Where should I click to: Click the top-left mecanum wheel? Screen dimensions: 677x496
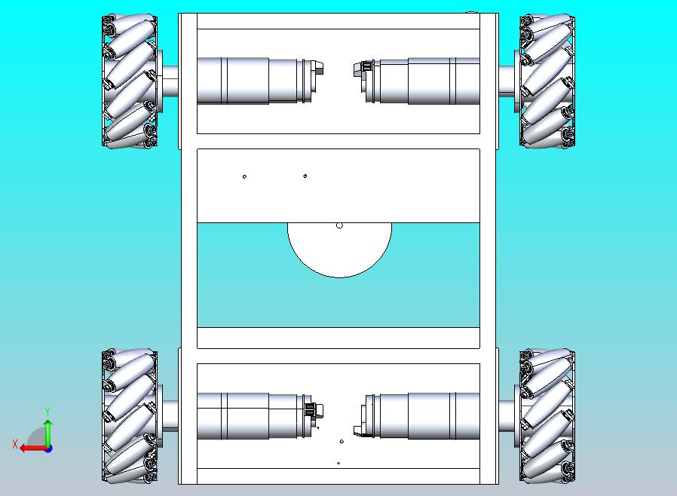[130, 81]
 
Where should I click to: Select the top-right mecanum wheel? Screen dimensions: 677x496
[547, 81]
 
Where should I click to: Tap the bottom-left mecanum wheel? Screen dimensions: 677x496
[130, 415]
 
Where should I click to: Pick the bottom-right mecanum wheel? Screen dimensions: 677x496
[547, 415]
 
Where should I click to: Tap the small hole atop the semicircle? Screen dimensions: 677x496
[339, 225]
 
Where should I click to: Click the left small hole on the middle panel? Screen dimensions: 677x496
[244, 176]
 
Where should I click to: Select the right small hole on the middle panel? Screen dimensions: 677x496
[305, 176]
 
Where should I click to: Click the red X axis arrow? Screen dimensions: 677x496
[34, 449]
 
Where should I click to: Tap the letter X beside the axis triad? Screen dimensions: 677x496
[15, 444]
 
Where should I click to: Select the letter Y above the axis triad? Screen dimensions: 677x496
[47, 411]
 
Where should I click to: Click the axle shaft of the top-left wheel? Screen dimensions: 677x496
[170, 81]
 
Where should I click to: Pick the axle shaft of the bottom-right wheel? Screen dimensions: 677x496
[507, 415]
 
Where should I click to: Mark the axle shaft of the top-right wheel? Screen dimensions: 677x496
[507, 81]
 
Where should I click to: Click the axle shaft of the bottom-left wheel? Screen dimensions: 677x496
[170, 415]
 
